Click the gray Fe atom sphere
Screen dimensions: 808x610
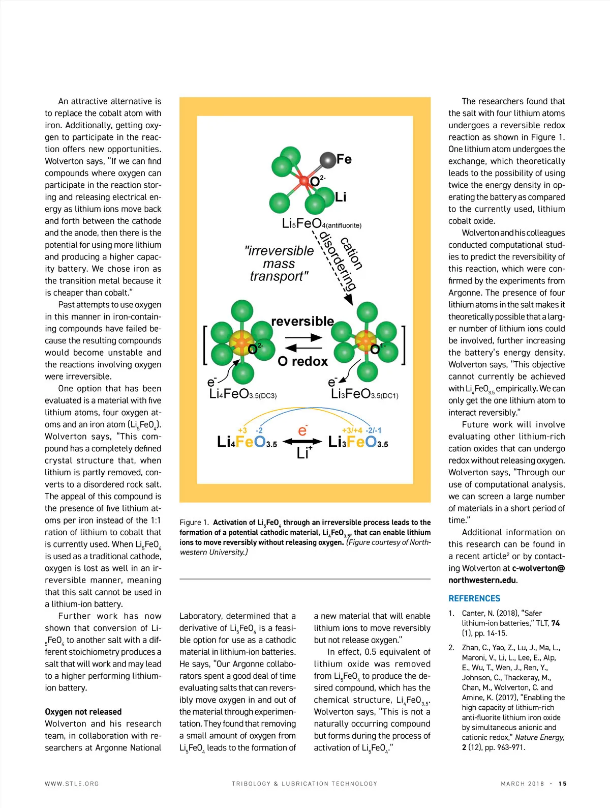pos(328,160)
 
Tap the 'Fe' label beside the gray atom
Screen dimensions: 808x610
pos(344,160)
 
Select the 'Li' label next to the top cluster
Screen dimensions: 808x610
pos(341,197)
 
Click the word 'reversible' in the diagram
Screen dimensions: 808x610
pos(302,322)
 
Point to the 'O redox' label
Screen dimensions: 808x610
pos(302,361)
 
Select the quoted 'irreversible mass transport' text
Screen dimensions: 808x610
pos(279,264)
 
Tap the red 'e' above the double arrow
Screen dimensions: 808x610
pos(302,431)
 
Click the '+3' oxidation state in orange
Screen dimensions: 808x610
pos(242,430)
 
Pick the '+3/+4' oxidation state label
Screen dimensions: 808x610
pos(352,430)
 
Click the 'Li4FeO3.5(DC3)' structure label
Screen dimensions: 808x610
pos(243,394)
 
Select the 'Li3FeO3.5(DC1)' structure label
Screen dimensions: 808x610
pos(364,394)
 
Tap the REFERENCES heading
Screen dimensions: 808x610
pos(474,598)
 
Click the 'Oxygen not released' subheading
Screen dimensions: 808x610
pos(83,712)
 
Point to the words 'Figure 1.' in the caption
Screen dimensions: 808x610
pos(194,523)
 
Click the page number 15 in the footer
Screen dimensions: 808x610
pos(562,784)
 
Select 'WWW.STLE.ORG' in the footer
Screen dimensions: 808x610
pos(72,784)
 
